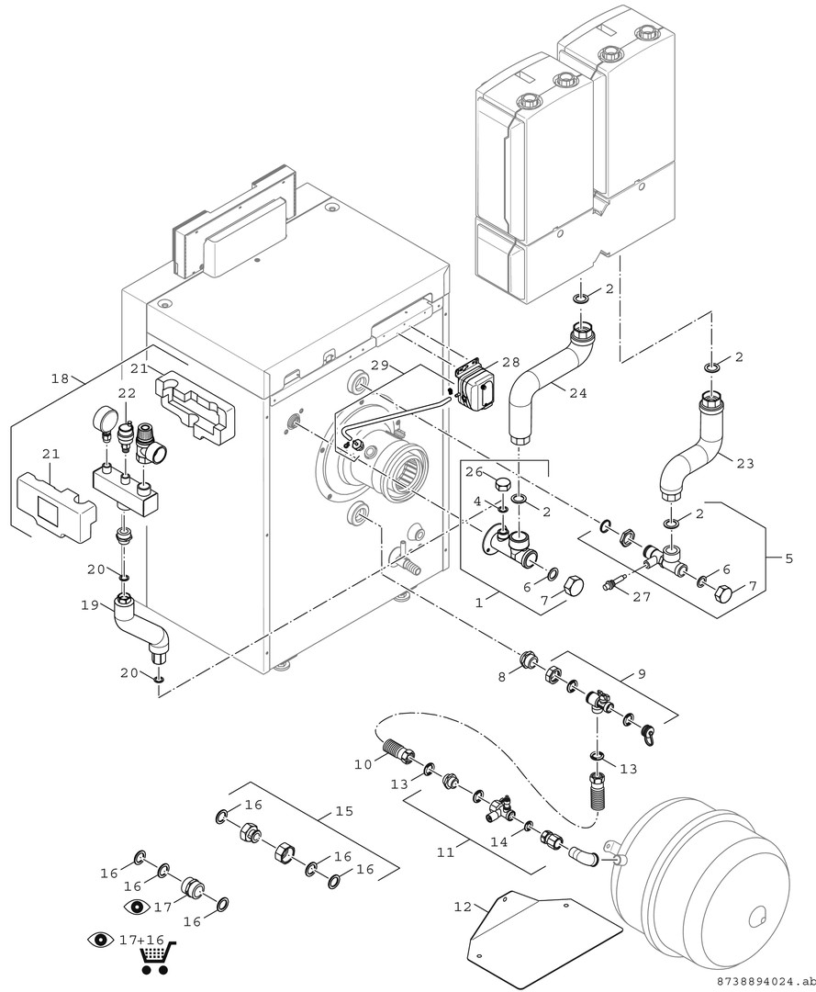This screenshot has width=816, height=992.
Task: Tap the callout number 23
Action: (x=744, y=463)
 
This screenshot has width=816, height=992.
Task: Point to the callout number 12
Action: (x=463, y=907)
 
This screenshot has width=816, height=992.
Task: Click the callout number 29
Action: (x=381, y=365)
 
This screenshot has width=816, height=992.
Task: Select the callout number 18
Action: (x=60, y=378)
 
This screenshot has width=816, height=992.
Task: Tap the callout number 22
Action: (x=126, y=392)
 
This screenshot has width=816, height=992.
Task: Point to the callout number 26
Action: (x=473, y=473)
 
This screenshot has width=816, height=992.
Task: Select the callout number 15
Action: (x=344, y=811)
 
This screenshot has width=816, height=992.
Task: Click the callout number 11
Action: (x=445, y=851)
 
